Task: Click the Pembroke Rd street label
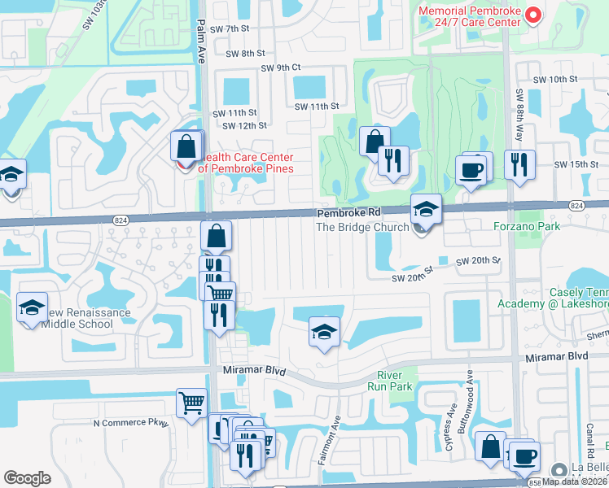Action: pos(348,212)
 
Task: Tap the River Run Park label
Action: pos(397,380)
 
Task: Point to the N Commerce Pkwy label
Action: pos(130,423)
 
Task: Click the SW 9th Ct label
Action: pos(281,68)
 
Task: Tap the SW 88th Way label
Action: pos(518,89)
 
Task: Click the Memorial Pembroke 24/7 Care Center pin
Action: pos(533,15)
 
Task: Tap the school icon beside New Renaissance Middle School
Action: pos(32,307)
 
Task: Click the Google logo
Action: pos(27,478)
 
